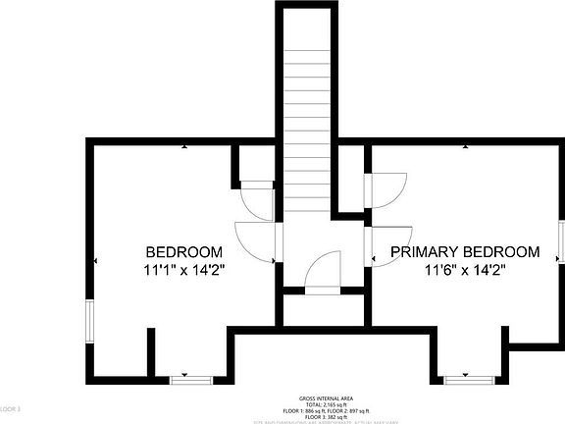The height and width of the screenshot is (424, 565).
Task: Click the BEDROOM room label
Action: (183, 251)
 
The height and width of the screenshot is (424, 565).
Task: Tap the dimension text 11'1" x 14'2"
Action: (183, 269)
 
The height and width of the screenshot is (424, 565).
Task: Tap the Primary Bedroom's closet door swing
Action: (385, 189)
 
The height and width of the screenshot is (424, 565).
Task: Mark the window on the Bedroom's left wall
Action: (89, 324)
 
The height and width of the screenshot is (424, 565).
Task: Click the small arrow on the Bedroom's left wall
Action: (95, 260)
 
